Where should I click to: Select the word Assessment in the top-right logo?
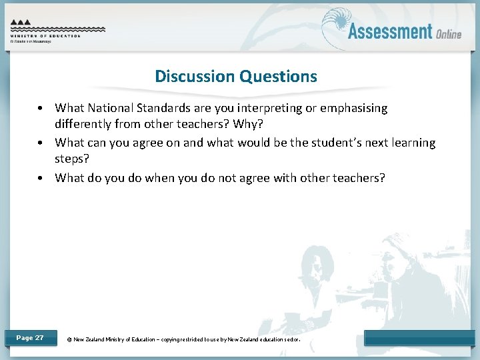[390, 31]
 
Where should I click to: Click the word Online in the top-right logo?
[449, 34]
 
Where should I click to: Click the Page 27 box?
[30, 338]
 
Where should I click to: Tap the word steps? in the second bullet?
[73, 160]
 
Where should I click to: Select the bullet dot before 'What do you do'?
[41, 178]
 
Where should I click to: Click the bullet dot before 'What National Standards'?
[41, 108]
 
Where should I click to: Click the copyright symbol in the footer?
[69, 339]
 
